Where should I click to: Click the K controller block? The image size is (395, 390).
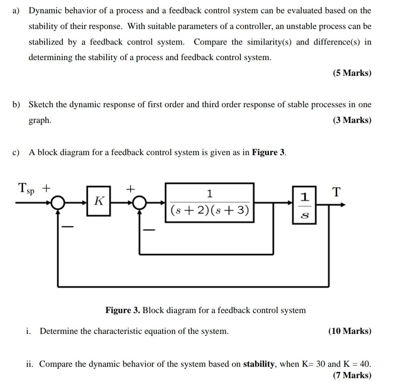pos(98,201)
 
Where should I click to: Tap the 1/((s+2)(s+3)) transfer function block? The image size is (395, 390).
pos(210,202)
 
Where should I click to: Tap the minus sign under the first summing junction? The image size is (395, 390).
pos(67,227)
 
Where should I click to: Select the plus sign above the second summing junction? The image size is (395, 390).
pos(130,189)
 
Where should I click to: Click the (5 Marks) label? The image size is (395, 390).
pos(352,73)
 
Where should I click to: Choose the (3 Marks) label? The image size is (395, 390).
pos(352,120)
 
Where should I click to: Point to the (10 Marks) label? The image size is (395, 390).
pos(350,331)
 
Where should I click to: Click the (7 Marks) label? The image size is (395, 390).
pos(352,375)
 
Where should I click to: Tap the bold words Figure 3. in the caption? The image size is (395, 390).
pos(123,310)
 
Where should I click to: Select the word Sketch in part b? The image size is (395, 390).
pos(41,105)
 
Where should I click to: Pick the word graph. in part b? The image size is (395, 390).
pos(40,121)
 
